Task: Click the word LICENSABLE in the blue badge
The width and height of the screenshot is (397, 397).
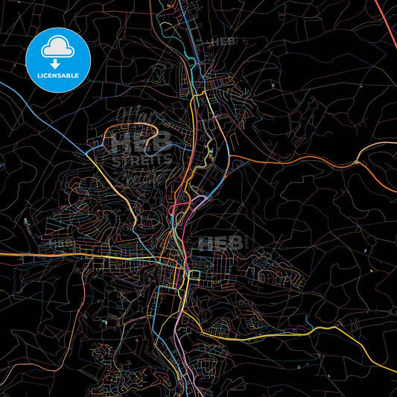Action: pyautogui.click(x=57, y=75)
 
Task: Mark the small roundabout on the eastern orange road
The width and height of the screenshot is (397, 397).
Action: pyautogui.click(x=358, y=162)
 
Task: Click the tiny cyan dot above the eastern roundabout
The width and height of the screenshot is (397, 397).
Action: pyautogui.click(x=357, y=149)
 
